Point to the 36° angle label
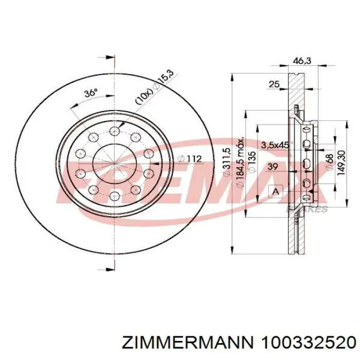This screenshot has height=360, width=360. pyautogui.click(x=91, y=93)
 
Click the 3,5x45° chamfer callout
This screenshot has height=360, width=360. pyautogui.click(x=275, y=145)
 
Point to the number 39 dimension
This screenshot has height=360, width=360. pyautogui.click(x=273, y=166)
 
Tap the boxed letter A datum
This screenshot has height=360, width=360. pyautogui.click(x=275, y=191)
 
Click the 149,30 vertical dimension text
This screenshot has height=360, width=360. pyautogui.click(x=341, y=164)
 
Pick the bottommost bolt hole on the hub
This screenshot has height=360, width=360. pyautogui.click(x=114, y=197)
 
